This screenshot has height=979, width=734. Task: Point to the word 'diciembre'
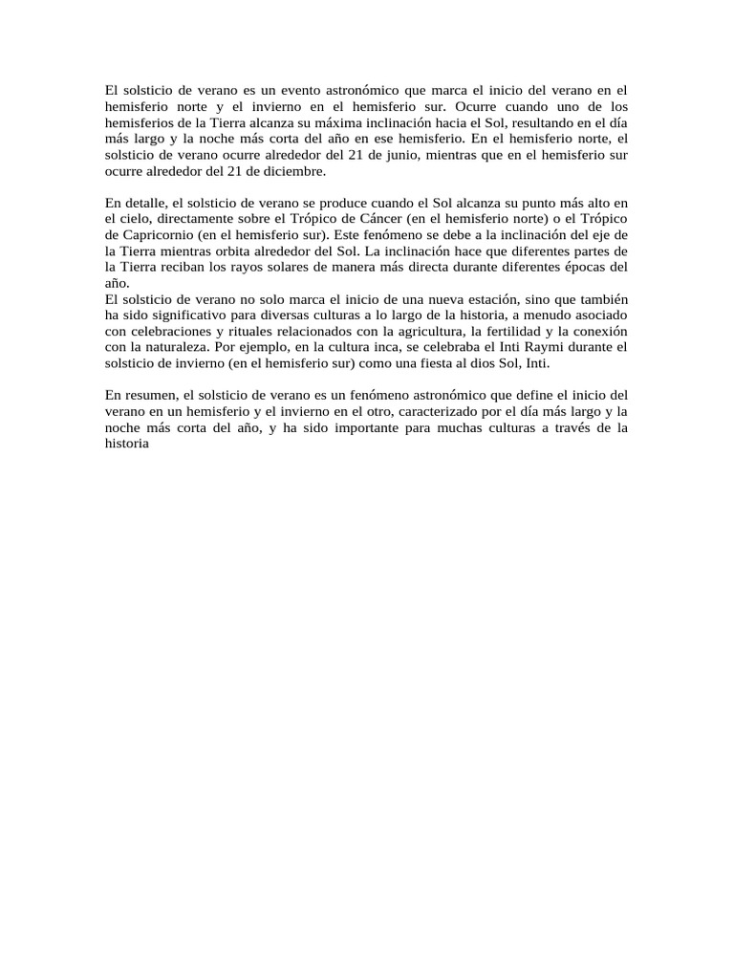pyautogui.click(x=294, y=172)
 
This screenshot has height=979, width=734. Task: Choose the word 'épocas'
pyautogui.click(x=585, y=270)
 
